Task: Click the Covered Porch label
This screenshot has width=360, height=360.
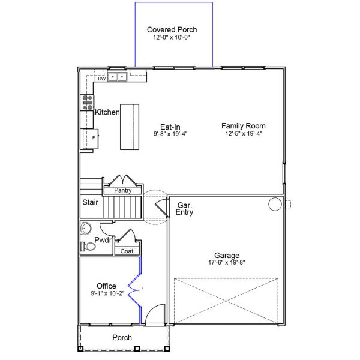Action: tap(172, 29)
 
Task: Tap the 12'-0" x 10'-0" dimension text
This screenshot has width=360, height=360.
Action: tap(172, 37)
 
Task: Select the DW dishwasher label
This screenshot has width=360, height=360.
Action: tap(102, 79)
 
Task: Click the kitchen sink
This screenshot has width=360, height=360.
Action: tap(118, 77)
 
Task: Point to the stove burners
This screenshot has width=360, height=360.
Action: tap(86, 103)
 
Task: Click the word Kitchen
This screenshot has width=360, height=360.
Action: tap(107, 112)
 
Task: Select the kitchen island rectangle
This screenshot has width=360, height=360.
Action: tap(130, 127)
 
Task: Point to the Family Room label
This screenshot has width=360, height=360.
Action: tap(243, 126)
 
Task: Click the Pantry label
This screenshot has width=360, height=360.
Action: tap(123, 190)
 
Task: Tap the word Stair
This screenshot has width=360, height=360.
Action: tap(91, 202)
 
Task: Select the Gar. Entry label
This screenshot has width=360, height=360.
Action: tap(185, 208)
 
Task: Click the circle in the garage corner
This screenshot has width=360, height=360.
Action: tap(274, 205)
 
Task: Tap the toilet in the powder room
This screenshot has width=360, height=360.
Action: tap(88, 246)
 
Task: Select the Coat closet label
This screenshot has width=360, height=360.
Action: tap(127, 251)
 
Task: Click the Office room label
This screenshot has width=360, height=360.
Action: tap(106, 286)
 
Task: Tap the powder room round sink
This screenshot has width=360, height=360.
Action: tap(86, 228)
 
